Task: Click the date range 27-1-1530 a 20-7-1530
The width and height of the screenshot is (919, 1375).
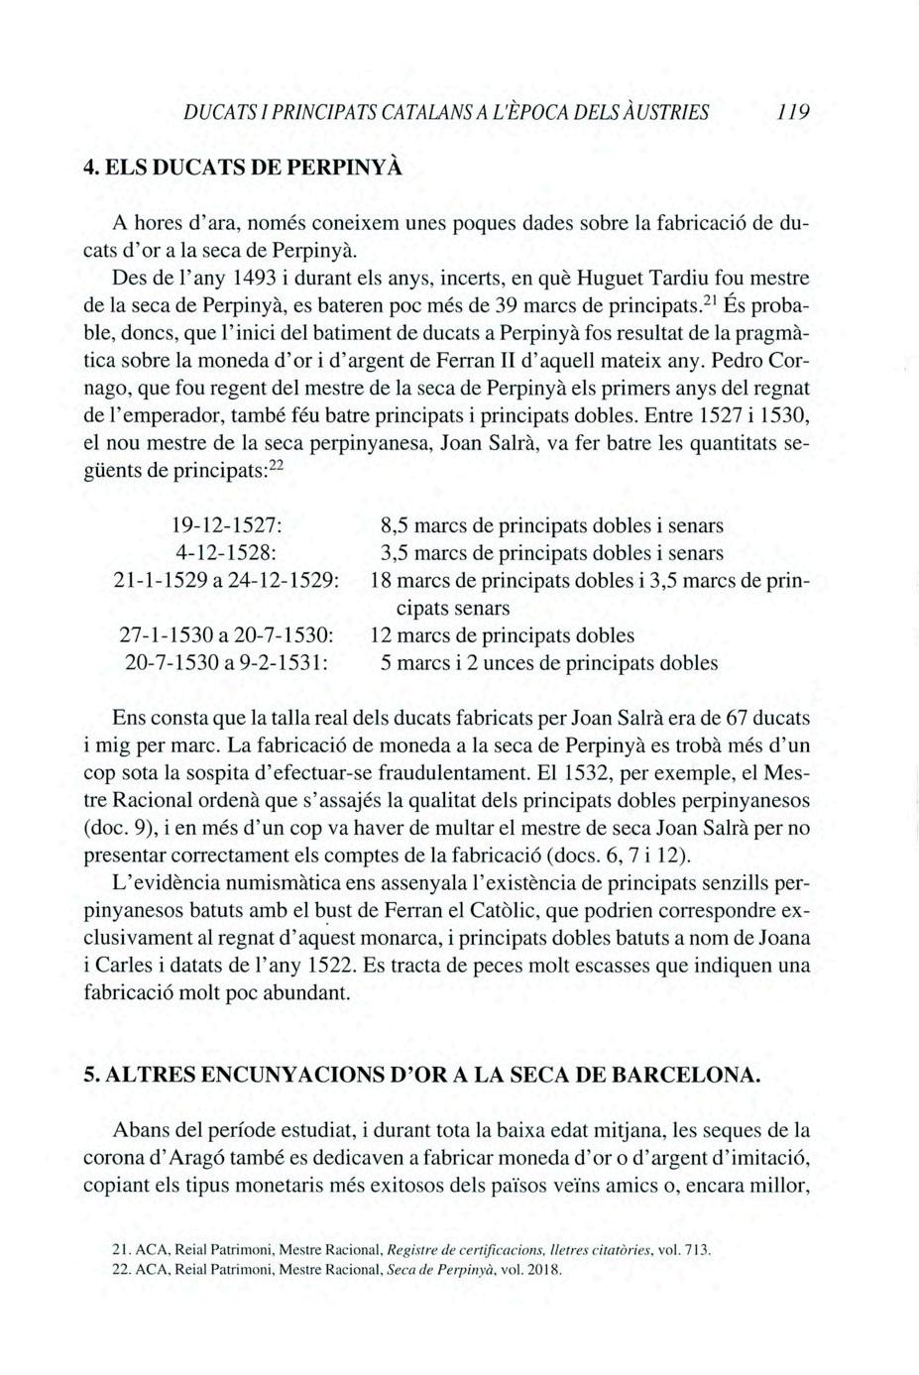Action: [x=230, y=634]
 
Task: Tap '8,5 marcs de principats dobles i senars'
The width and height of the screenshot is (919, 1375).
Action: [x=552, y=525]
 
